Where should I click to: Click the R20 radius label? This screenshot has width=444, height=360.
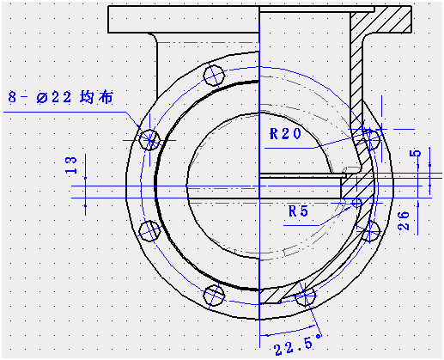285,133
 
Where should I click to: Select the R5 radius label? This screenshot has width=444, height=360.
299,210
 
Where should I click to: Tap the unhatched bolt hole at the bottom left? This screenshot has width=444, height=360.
213,295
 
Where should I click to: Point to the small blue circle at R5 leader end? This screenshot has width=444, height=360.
357,204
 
